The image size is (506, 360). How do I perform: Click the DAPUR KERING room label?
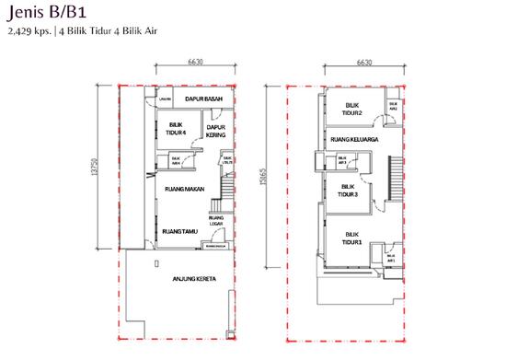[x=216, y=132]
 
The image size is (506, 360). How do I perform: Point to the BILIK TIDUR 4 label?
[x=178, y=129]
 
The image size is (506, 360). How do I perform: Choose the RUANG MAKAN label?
[x=183, y=189]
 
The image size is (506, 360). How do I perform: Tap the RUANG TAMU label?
[x=178, y=231]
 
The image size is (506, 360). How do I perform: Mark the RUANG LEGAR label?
[x=217, y=219]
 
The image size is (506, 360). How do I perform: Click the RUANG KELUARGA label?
[x=355, y=139]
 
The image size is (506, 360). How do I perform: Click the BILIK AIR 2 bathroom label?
[x=393, y=106]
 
